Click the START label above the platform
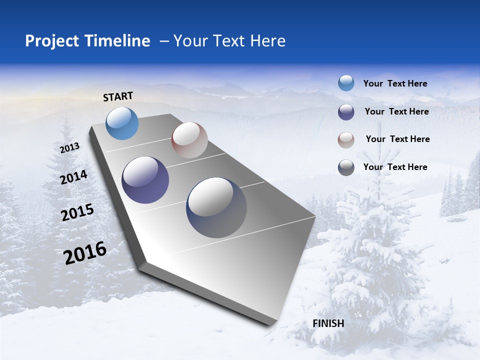(118, 96)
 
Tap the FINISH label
(328, 323)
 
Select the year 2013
(69, 148)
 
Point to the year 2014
(74, 177)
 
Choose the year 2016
(85, 253)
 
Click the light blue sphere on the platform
(122, 123)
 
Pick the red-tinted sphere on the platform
(189, 140)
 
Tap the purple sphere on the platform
(145, 180)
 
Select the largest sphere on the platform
(216, 207)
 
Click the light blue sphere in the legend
(346, 83)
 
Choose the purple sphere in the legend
(346, 112)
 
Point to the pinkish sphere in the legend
(346, 140)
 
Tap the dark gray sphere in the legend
(346, 168)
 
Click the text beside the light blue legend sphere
(395, 83)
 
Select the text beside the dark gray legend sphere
(395, 167)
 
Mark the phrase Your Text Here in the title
(229, 41)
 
